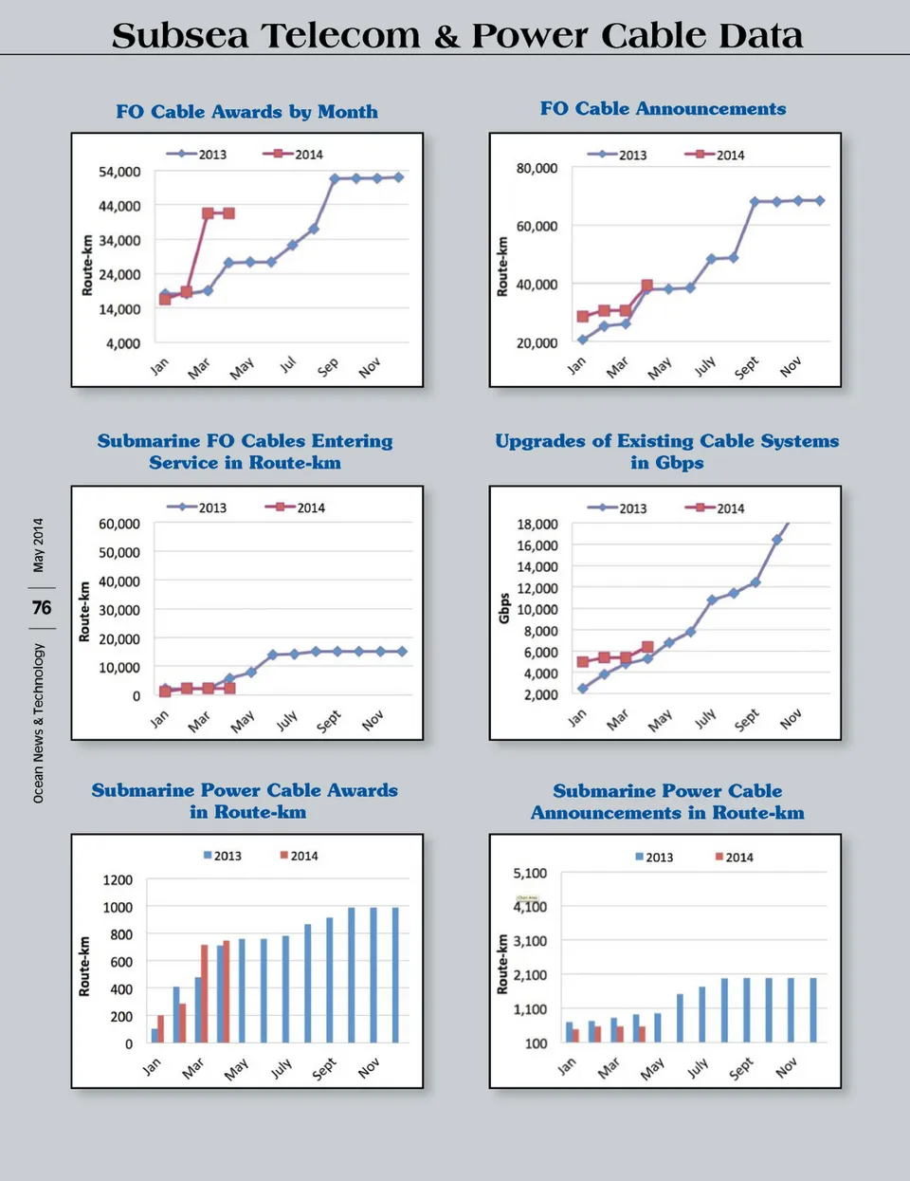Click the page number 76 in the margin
coord(42,608)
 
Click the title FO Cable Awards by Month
coord(246,112)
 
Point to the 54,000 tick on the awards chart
coord(119,172)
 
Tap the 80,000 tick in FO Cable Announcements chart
coord(537,168)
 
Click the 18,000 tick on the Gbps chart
coord(537,525)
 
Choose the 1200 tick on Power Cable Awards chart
coord(118,880)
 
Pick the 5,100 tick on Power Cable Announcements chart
coord(530,874)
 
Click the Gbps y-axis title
coord(504,608)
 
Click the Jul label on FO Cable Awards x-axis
coord(288,364)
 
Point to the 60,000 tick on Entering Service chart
coord(119,524)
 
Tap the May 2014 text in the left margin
coord(38,544)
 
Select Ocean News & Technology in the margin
coord(38,723)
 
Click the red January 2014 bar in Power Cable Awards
coord(160,1029)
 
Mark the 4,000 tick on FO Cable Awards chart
coord(123,343)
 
